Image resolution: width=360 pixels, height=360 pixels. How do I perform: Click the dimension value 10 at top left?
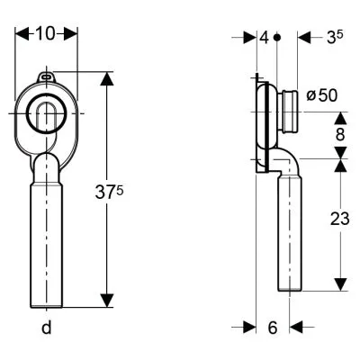coord(46,33)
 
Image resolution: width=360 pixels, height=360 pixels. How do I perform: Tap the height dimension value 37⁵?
coord(109,193)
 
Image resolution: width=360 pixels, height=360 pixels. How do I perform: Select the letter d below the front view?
coord(47,327)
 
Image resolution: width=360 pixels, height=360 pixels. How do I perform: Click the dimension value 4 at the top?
coord(264,38)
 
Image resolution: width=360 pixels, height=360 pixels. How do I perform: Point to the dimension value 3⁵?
coord(335,38)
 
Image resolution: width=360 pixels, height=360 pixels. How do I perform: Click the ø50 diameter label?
coord(322,95)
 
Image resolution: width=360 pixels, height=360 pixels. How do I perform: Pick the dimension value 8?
coord(340,135)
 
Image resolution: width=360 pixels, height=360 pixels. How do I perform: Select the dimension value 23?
coord(340,219)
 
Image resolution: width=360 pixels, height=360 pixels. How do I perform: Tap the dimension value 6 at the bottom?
coord(273,328)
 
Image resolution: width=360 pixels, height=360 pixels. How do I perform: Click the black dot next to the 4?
coord(277,38)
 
